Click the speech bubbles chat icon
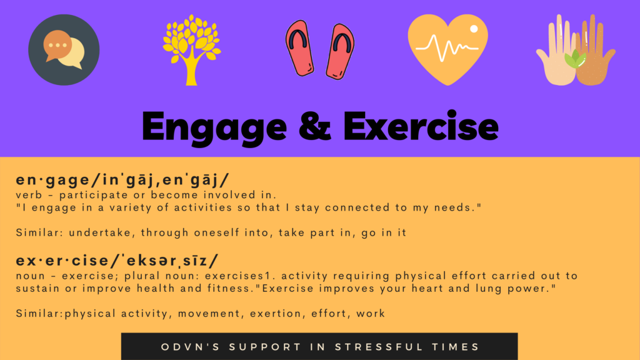64,50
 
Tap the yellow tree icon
191,50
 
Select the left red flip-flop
299,48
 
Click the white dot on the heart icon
474,29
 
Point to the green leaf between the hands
575,59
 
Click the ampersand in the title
315,126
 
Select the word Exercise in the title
421,126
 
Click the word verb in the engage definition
29,195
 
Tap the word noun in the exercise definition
30,276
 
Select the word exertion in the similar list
277,314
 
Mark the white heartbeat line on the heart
447,47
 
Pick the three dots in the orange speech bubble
57,45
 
